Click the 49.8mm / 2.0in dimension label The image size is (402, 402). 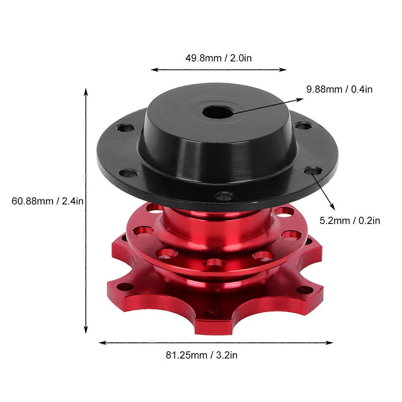[x=218, y=58]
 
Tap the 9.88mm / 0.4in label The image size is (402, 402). [x=339, y=89]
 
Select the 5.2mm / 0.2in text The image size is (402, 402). [x=350, y=221]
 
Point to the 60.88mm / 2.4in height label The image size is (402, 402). [x=47, y=201]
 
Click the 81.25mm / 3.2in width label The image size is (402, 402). [x=201, y=355]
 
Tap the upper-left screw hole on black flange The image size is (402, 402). [x=125, y=128]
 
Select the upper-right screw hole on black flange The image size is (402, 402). [x=304, y=126]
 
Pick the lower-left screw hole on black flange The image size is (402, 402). [x=128, y=173]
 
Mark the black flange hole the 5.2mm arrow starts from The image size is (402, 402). [x=313, y=171]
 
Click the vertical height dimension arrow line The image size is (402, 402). [x=86, y=211]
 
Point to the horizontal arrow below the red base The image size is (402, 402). [x=216, y=342]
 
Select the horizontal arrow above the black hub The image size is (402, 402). [x=218, y=70]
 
